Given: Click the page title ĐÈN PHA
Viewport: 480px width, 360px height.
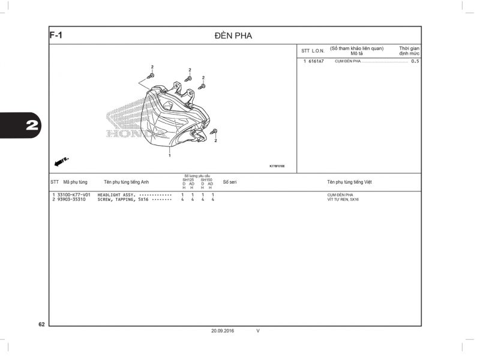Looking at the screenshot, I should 233,36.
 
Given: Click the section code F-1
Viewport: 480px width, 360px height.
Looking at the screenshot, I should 56,35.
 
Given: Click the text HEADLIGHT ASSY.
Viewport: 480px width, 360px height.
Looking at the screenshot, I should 116,195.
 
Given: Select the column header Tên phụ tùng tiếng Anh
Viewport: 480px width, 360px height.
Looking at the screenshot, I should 126,182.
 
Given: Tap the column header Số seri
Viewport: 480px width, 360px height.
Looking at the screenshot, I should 230,182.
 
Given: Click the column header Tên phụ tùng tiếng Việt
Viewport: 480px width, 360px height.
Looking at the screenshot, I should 349,182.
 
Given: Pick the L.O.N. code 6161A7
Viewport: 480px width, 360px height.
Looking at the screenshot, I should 316,61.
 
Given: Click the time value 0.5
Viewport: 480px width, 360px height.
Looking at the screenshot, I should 415,61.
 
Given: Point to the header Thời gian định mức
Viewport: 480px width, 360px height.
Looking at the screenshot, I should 409,50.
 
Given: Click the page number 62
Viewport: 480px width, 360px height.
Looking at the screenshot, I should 41,325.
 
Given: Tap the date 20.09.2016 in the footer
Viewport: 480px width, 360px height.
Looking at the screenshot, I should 223,331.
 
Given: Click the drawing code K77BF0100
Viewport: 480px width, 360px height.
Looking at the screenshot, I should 277,166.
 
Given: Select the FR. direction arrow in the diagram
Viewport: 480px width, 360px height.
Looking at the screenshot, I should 61,161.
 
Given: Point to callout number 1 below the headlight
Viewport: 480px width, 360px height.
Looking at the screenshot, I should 170,156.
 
